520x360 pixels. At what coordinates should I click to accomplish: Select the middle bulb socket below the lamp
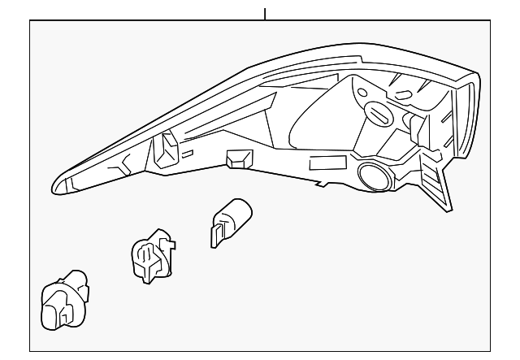[151, 256]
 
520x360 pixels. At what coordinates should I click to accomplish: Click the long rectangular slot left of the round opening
[327, 163]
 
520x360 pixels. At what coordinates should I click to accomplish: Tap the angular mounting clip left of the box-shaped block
[167, 148]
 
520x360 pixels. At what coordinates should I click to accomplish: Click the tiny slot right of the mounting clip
[188, 152]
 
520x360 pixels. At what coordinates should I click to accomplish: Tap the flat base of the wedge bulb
[217, 234]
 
